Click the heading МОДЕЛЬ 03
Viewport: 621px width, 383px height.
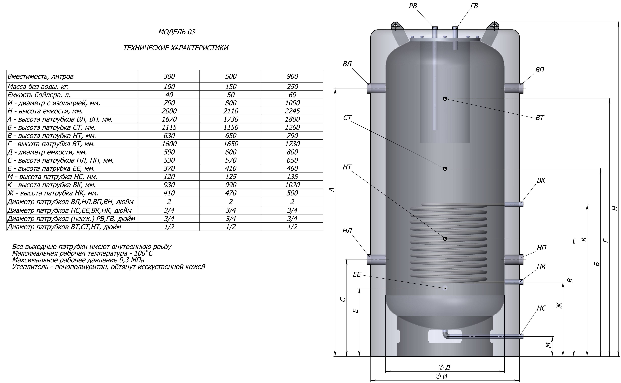click(x=177, y=32)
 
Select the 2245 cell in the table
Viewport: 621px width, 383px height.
click(x=292, y=111)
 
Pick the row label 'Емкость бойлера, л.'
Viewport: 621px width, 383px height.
click(x=39, y=95)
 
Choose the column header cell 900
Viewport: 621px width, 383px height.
click(x=292, y=76)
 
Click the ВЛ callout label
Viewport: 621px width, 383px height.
click(x=347, y=64)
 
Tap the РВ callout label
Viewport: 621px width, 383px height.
click(x=413, y=6)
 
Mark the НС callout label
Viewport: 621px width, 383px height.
click(x=541, y=308)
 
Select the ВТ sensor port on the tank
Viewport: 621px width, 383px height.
click(x=445, y=99)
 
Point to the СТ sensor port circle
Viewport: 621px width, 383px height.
click(x=445, y=169)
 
